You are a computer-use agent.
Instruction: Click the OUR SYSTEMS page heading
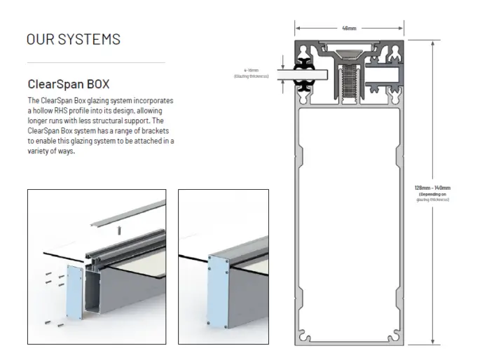click(73, 39)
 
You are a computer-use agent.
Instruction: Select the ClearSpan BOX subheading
click(68, 85)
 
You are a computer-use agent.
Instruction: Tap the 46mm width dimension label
click(348, 29)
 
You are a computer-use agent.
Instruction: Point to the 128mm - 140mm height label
click(432, 188)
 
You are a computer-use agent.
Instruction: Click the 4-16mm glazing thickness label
click(251, 71)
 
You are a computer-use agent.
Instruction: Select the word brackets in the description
click(149, 131)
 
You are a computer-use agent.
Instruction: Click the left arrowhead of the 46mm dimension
click(297, 29)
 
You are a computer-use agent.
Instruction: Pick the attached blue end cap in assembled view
click(221, 293)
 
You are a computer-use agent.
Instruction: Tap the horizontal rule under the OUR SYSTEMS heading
click(95, 62)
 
